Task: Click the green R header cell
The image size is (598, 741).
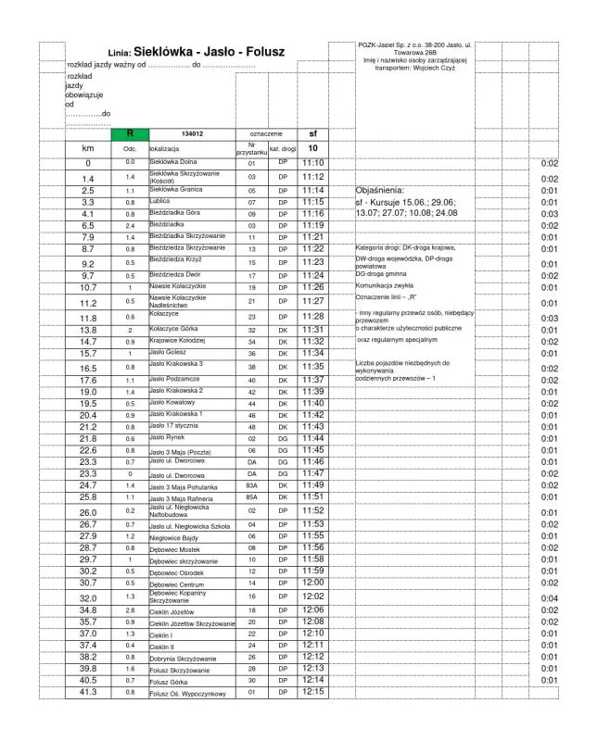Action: point(130,133)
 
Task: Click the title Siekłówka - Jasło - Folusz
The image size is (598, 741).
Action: point(209,53)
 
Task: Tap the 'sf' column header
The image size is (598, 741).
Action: point(312,133)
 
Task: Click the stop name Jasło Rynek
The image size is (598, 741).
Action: point(169,437)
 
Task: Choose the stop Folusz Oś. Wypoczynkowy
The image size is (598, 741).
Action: point(188,694)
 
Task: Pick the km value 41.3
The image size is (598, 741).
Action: point(88,692)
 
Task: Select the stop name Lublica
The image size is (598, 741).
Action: point(161,201)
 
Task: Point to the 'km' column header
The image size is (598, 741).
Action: point(88,148)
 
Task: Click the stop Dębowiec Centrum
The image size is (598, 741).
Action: point(176,584)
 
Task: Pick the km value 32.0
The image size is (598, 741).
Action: point(88,598)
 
